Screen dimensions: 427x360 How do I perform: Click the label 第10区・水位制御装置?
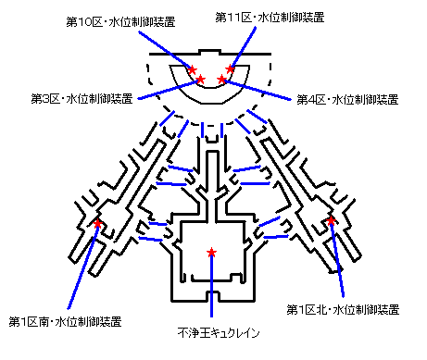click(x=120, y=22)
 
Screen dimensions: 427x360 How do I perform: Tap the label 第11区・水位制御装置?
click(x=270, y=18)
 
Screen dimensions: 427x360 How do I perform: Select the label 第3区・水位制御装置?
click(x=82, y=98)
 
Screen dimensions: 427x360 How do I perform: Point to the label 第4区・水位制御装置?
click(x=347, y=99)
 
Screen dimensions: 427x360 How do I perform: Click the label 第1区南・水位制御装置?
click(x=65, y=321)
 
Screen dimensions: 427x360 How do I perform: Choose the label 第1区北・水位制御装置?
click(x=343, y=309)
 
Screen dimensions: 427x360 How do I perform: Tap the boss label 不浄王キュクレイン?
click(x=219, y=333)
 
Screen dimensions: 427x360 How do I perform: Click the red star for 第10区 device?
click(x=192, y=69)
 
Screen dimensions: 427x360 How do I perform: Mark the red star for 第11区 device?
click(x=230, y=68)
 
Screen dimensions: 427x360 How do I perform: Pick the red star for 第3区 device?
click(x=200, y=80)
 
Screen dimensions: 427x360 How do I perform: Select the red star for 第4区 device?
click(x=221, y=80)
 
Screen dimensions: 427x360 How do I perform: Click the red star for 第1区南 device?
click(x=97, y=223)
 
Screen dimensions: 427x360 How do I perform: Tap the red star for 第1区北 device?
click(x=331, y=220)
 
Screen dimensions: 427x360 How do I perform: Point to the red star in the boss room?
click(x=211, y=253)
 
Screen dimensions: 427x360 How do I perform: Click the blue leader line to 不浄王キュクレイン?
click(x=211, y=285)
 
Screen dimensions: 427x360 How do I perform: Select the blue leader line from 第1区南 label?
click(x=82, y=267)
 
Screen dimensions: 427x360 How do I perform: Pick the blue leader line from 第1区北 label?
click(x=337, y=260)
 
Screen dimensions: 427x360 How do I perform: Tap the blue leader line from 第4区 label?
click(x=257, y=90)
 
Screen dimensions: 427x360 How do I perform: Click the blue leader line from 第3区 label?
click(x=169, y=90)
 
